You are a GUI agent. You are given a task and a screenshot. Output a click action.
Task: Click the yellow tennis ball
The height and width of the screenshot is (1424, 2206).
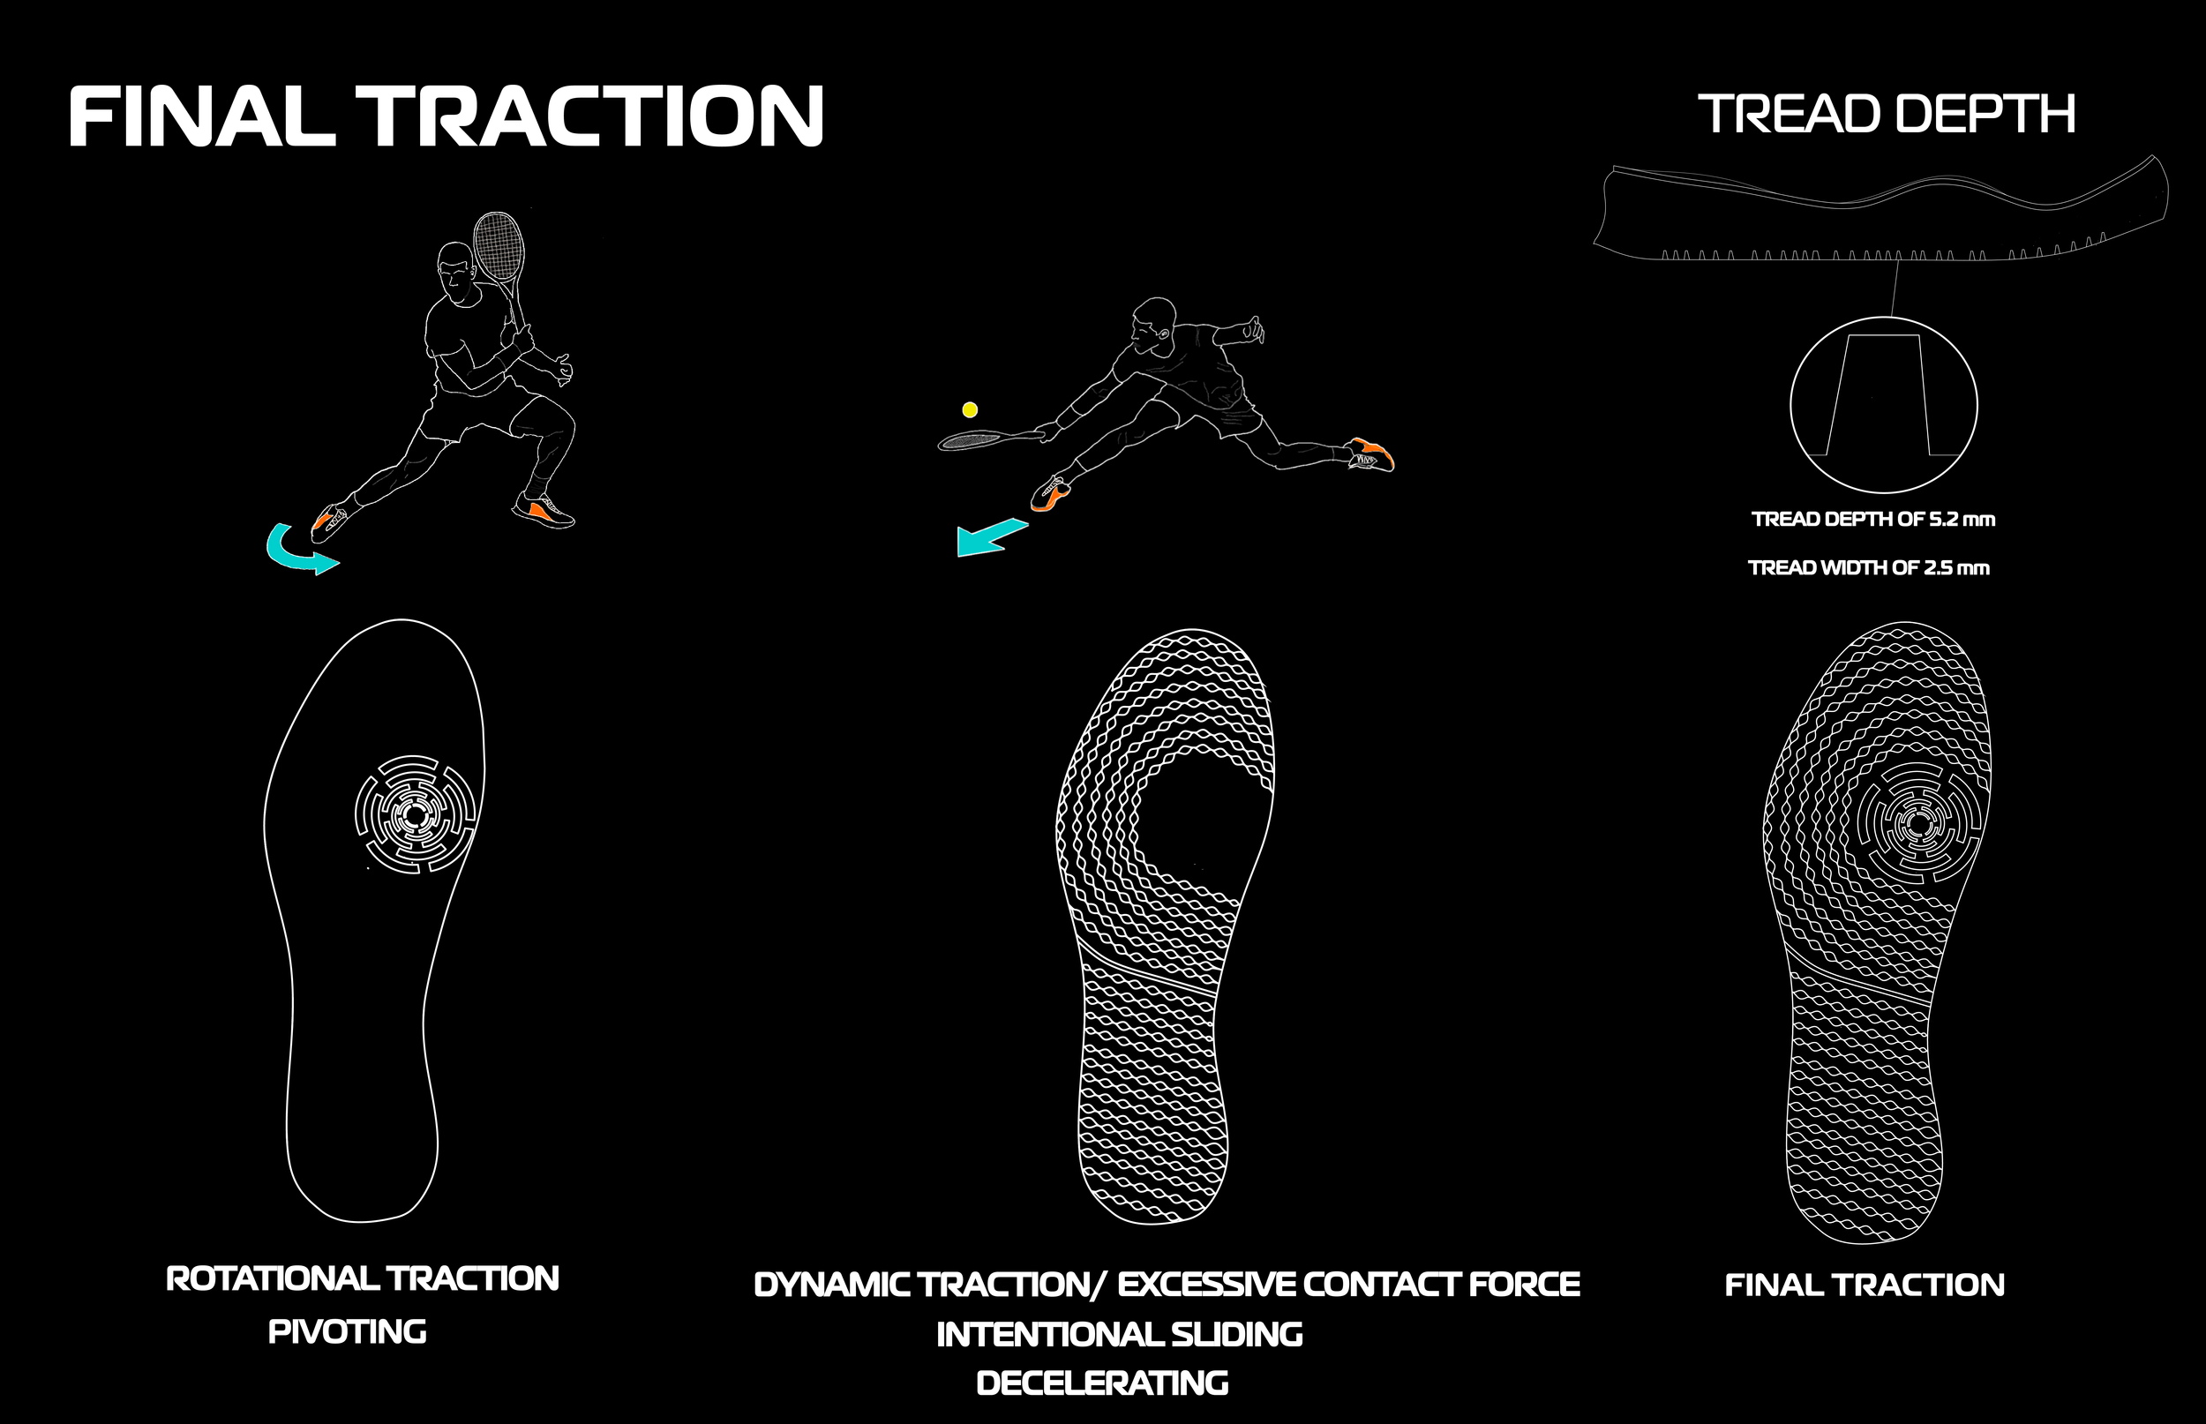970,409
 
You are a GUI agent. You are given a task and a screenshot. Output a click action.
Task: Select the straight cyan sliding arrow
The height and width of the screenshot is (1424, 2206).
989,537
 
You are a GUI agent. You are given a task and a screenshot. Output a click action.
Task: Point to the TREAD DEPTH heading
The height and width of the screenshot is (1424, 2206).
1886,114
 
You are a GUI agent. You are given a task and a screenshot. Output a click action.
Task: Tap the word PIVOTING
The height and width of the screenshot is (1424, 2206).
348,1331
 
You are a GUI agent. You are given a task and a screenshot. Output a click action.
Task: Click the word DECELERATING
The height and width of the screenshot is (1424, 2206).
1102,1383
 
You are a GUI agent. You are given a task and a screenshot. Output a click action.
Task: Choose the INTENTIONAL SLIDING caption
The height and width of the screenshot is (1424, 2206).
1119,1334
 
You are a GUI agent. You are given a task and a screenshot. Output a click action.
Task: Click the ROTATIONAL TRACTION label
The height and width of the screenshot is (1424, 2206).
363,1278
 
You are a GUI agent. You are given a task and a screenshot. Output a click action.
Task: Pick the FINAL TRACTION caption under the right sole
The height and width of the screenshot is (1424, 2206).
1864,1285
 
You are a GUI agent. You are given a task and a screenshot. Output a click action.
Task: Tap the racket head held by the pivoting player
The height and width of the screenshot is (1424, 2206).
499,246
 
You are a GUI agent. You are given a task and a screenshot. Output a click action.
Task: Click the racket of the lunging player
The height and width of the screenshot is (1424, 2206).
975,440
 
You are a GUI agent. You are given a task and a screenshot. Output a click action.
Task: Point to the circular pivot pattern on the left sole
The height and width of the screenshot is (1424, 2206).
415,813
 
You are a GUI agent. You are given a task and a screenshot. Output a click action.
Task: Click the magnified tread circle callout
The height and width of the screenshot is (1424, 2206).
1883,404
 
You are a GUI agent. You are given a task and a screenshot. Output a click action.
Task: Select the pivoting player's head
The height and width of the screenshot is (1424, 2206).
455,270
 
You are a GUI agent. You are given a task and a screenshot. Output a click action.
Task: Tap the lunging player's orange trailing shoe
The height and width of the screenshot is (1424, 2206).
1372,454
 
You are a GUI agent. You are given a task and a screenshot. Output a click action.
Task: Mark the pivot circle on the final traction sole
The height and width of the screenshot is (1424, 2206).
1917,822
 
